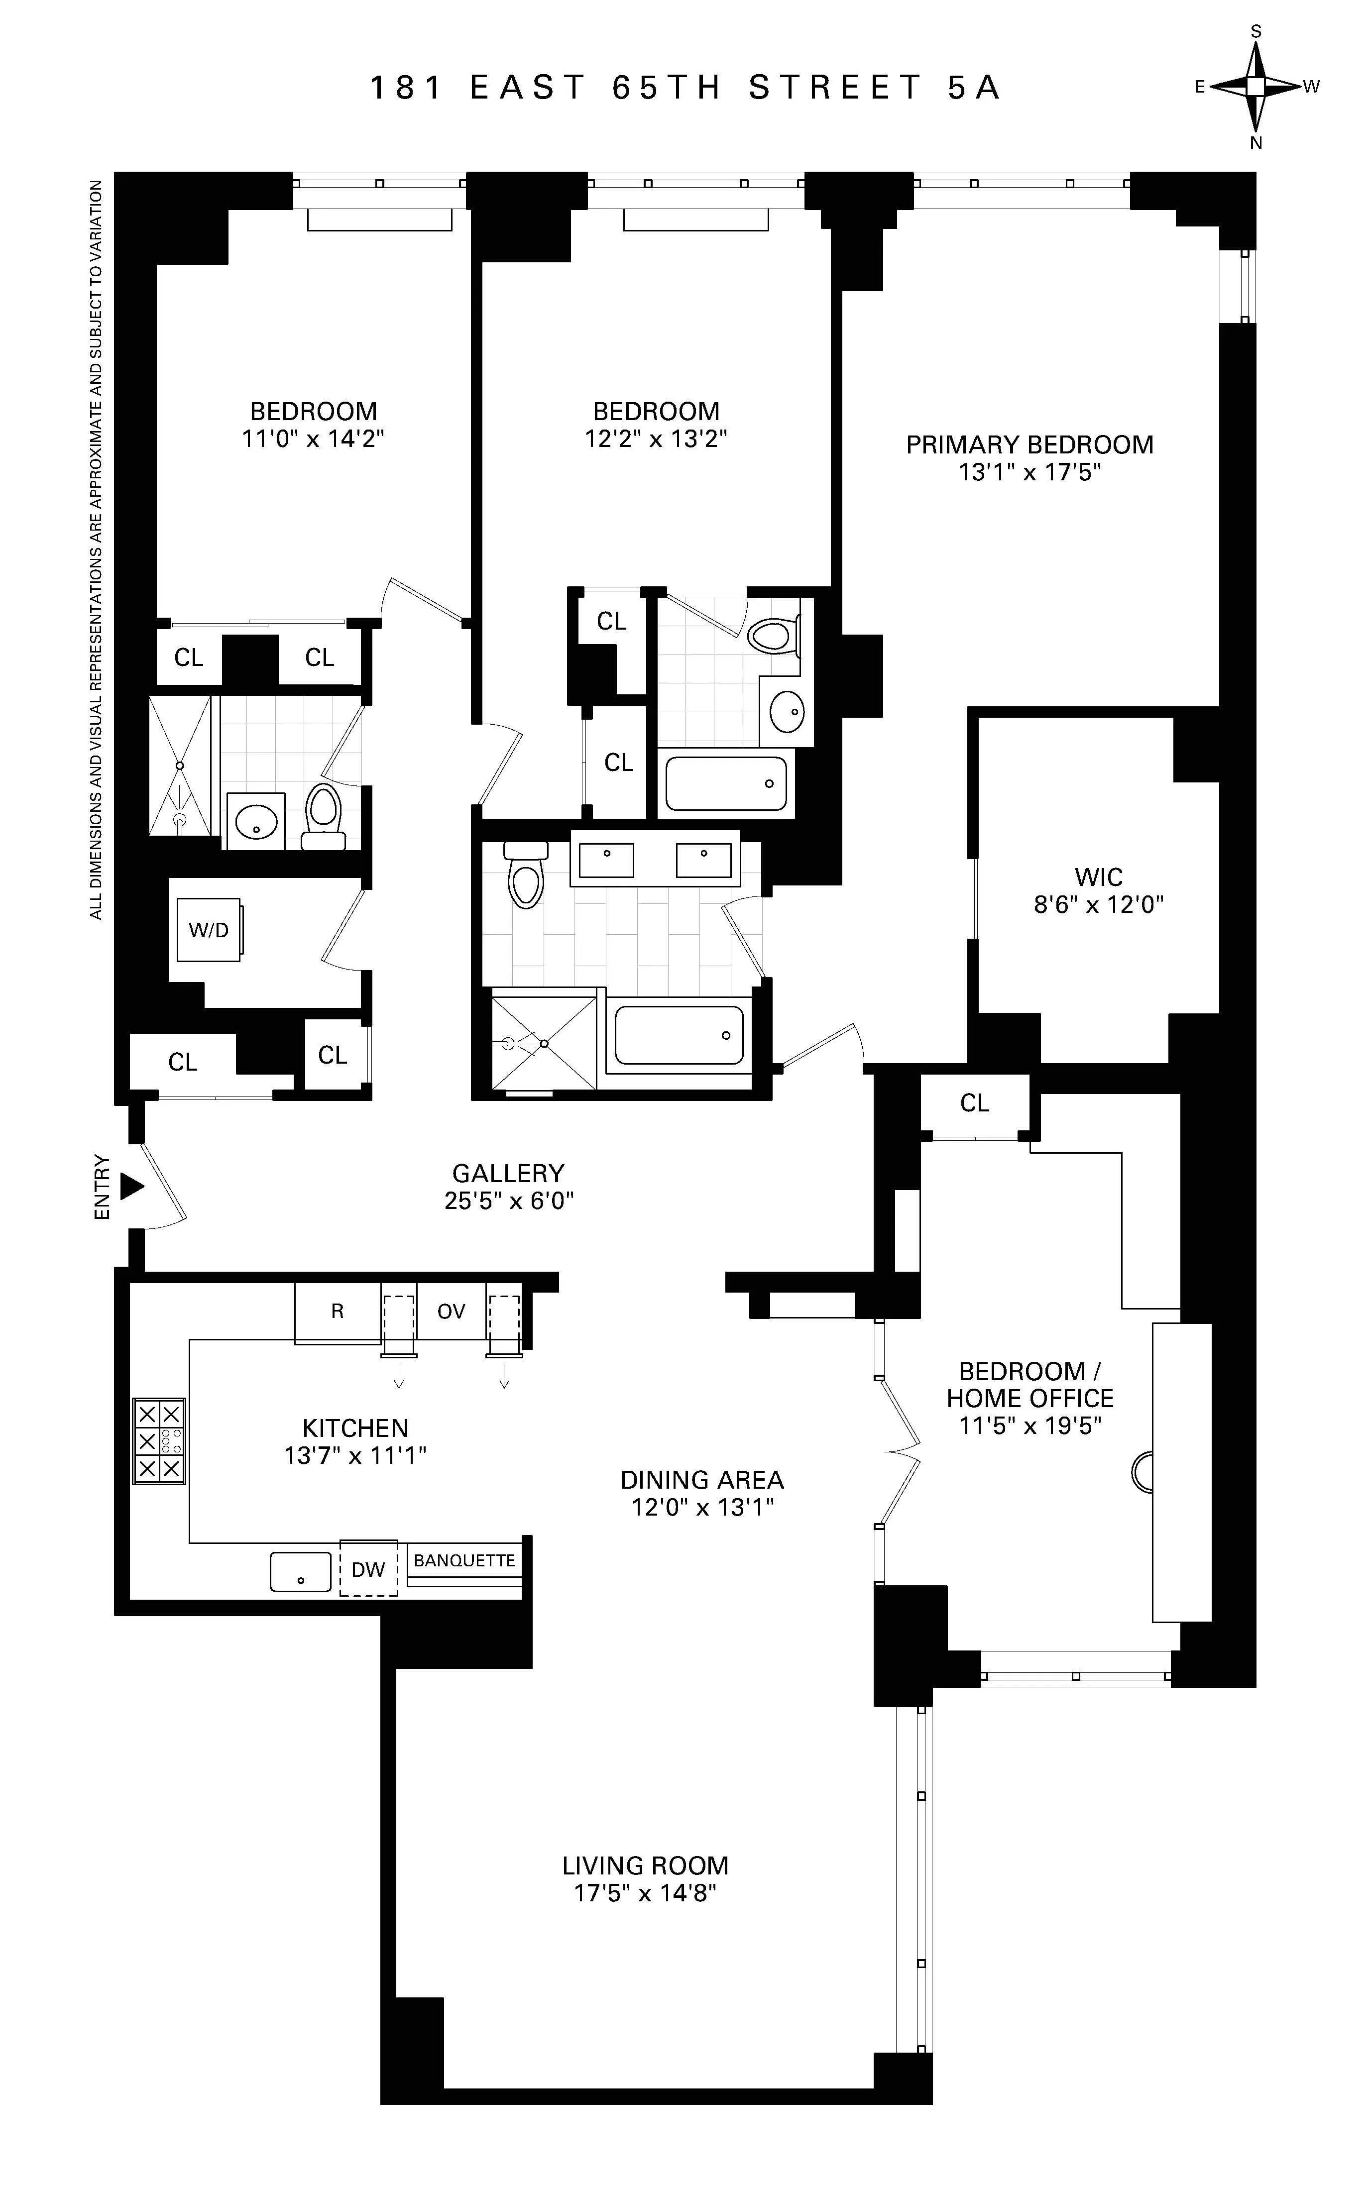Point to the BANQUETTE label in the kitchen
pyautogui.click(x=464, y=1560)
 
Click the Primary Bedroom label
pyautogui.click(x=1029, y=444)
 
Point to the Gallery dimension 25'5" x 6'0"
pyautogui.click(x=509, y=1200)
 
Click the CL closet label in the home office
pyautogui.click(x=975, y=1102)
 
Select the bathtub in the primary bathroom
pyautogui.click(x=678, y=1036)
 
